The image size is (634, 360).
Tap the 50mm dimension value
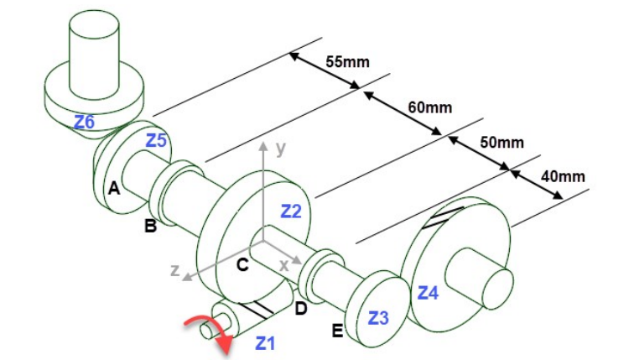(x=501, y=142)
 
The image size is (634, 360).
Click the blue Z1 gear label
(x=265, y=342)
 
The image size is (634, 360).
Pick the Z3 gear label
(x=378, y=318)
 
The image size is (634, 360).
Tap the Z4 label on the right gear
(x=428, y=293)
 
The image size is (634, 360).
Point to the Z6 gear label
(x=84, y=122)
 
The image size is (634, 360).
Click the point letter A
(x=113, y=190)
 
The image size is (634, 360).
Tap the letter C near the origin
(x=242, y=267)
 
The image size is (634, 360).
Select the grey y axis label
(x=281, y=149)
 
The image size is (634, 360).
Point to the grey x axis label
(x=283, y=263)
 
